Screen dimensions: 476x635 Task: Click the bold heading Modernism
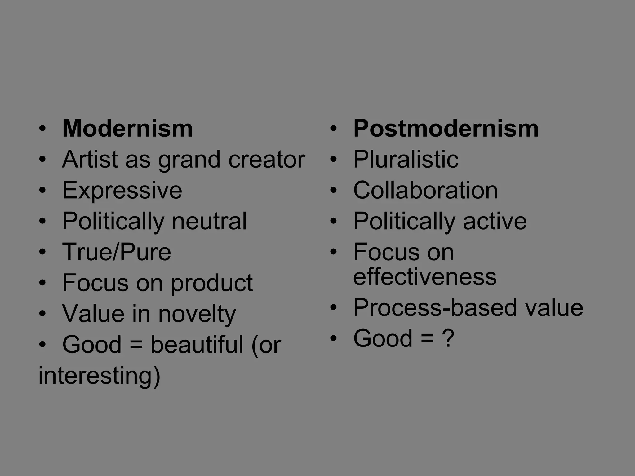127,128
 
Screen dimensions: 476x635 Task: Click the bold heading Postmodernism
446,128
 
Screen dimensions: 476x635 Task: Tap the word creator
267,159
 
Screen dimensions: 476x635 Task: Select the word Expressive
122,190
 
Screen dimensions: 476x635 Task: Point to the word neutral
209,221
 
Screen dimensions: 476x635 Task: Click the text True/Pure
117,252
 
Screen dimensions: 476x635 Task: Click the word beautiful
197,345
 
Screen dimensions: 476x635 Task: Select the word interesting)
99,376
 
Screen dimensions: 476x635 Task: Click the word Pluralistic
406,159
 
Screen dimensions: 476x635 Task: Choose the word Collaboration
425,190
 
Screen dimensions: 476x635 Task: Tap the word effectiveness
425,277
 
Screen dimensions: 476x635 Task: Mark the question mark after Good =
449,338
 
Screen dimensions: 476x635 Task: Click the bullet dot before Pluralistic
333,160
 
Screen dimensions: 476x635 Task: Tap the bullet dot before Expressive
42,190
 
